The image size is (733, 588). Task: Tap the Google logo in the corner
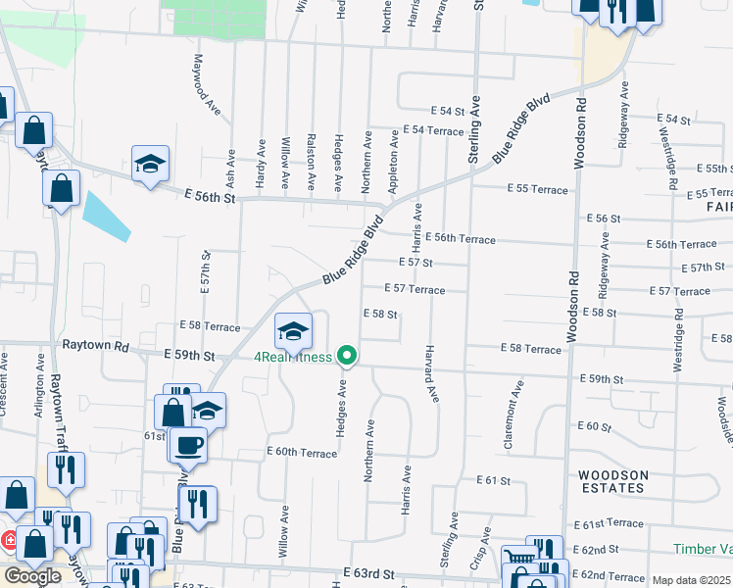[32, 576]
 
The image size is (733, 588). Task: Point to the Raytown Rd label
[96, 347]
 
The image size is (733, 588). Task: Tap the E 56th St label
[210, 197]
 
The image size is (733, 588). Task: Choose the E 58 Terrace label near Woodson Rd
[530, 348]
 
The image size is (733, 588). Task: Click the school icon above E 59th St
[293, 330]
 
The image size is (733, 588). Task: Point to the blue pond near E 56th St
[106, 216]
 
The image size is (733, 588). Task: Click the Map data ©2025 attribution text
[691, 580]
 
